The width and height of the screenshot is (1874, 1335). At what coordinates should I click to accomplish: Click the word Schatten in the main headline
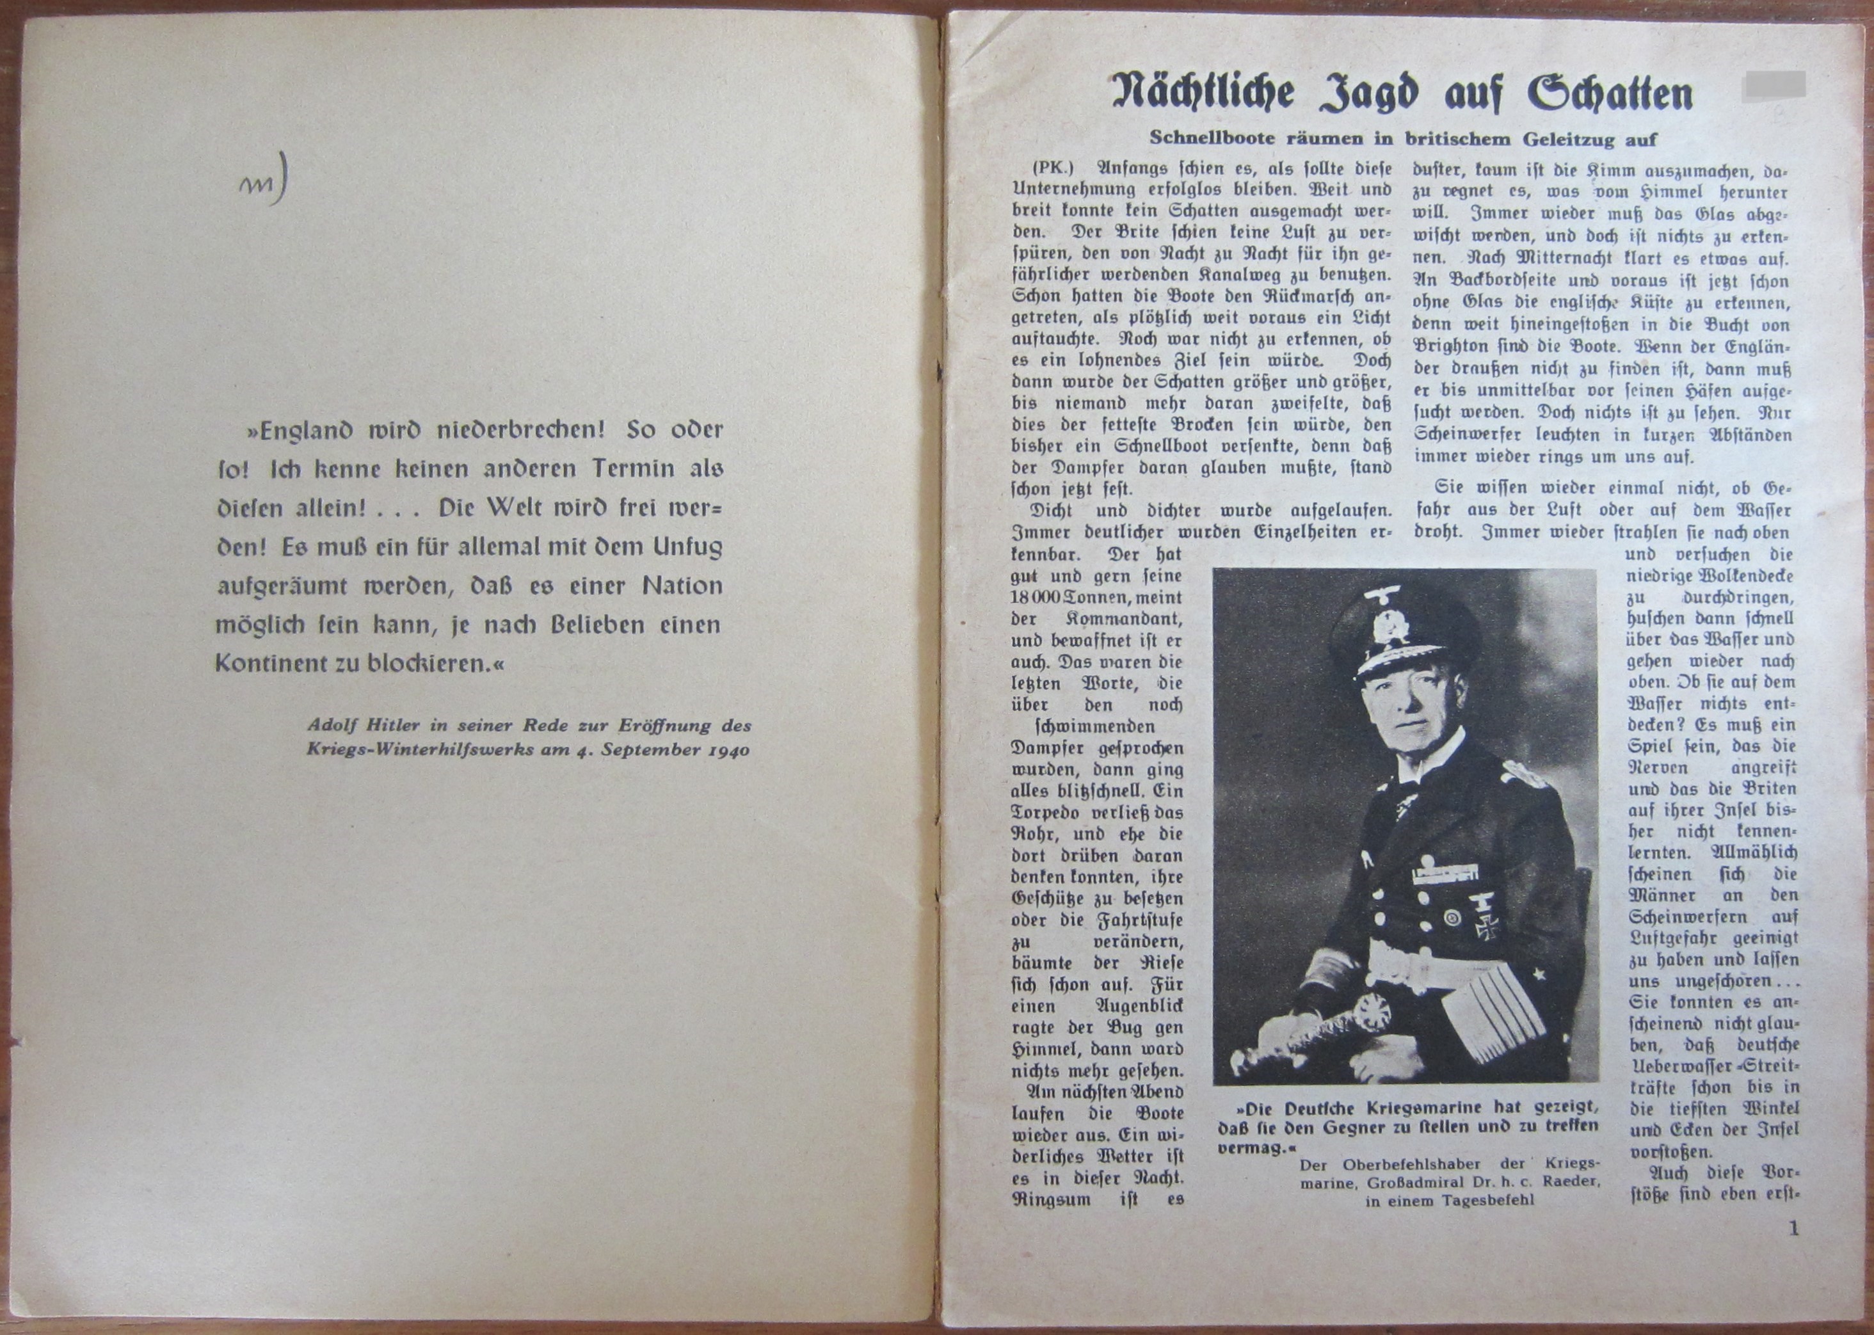[1598, 93]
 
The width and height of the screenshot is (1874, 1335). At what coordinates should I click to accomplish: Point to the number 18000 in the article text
[1037, 598]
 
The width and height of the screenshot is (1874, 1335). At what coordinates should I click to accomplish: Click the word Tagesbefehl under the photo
[1483, 1201]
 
